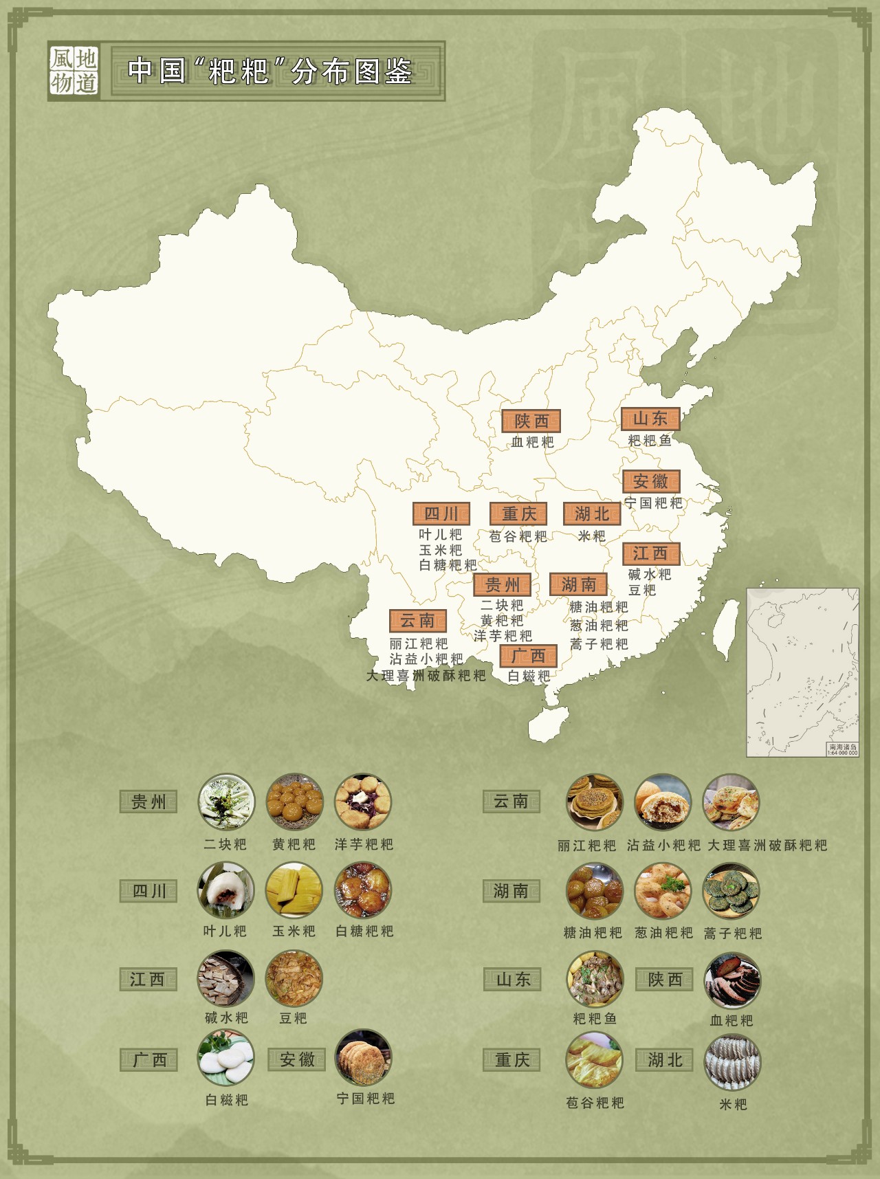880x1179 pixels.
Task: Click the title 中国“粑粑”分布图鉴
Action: pyautogui.click(x=270, y=71)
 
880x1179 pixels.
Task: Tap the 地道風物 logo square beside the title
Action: pyautogui.click(x=74, y=71)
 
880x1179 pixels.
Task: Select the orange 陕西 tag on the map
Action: pyautogui.click(x=531, y=421)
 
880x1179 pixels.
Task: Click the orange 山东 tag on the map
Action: pyautogui.click(x=650, y=419)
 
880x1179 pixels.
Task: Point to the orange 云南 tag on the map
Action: pyautogui.click(x=417, y=621)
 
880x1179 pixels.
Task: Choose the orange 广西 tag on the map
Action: pyautogui.click(x=528, y=656)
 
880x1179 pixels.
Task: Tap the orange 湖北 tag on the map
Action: pyautogui.click(x=592, y=514)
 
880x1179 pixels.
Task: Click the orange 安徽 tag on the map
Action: pyautogui.click(x=651, y=481)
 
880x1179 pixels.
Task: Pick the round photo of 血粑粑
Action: pyautogui.click(x=732, y=980)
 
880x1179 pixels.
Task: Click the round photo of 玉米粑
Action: pyautogui.click(x=294, y=891)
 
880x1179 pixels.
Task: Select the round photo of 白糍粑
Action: pyautogui.click(x=225, y=1058)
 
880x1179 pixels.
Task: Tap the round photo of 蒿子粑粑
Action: pyautogui.click(x=731, y=891)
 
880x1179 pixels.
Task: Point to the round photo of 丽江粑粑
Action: pyautogui.click(x=595, y=802)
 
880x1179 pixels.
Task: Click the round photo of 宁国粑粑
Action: pyautogui.click(x=364, y=1058)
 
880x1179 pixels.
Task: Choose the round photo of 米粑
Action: pyautogui.click(x=732, y=1063)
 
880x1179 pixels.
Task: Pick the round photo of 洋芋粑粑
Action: pyautogui.click(x=363, y=802)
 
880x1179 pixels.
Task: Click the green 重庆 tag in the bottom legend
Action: pyautogui.click(x=512, y=1060)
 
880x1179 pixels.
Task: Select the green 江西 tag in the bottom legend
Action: pyautogui.click(x=148, y=979)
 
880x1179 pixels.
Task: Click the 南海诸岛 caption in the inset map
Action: pyautogui.click(x=843, y=747)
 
